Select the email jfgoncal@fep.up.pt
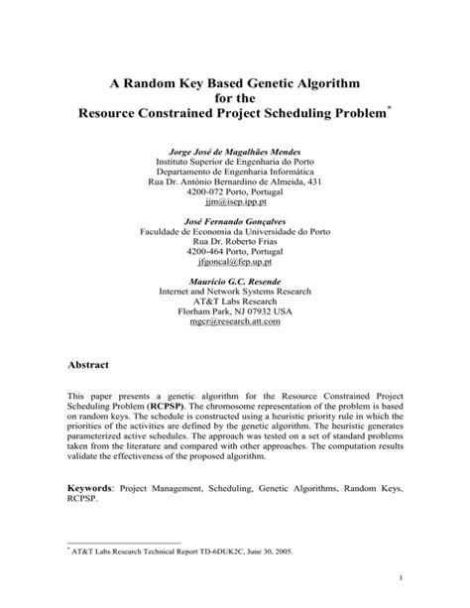pos(235,265)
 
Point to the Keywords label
pos(94,488)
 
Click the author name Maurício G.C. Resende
pos(235,283)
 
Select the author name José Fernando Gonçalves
pos(235,218)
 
